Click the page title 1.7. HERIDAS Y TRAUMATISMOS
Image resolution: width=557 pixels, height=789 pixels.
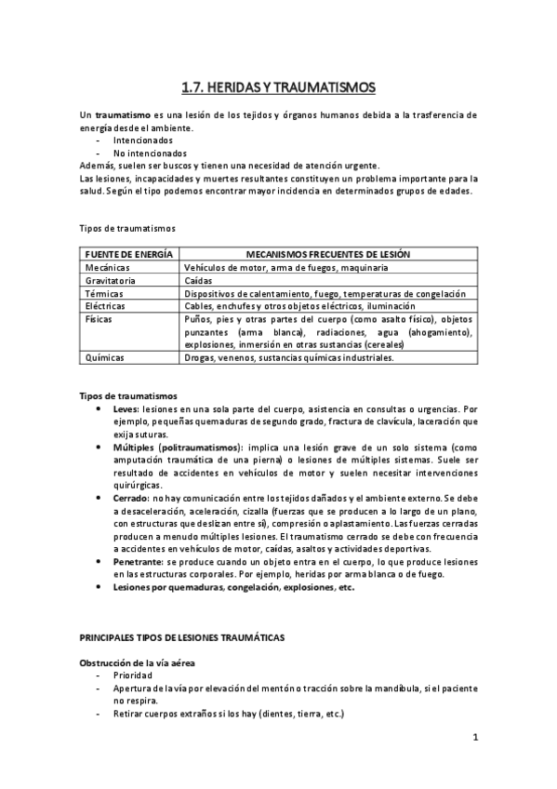[278, 88]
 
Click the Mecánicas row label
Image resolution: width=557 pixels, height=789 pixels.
[105, 267]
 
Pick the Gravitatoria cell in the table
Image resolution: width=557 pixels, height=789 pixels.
[110, 280]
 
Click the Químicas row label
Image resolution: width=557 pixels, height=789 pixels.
[104, 357]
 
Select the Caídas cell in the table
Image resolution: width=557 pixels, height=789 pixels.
[199, 280]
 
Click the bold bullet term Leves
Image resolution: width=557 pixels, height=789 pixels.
[126, 408]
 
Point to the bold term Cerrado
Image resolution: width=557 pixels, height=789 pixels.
[132, 499]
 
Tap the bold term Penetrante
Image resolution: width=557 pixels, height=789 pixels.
[139, 563]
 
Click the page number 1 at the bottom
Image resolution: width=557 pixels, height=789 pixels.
[474, 739]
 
